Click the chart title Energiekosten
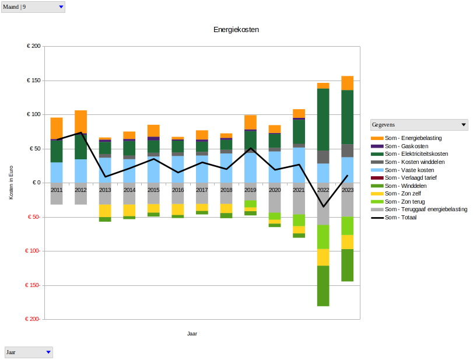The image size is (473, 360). click(236, 29)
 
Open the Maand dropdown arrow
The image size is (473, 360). click(61, 7)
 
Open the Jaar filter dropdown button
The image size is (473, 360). click(48, 352)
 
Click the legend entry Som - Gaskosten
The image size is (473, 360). click(402, 146)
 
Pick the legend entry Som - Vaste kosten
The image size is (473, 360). click(406, 170)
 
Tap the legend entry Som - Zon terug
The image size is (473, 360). click(401, 201)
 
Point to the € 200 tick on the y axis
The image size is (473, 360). click(33, 46)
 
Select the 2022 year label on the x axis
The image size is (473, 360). click(323, 190)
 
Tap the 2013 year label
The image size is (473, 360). click(105, 190)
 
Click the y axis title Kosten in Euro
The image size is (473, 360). click(11, 183)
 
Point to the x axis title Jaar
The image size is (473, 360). click(192, 334)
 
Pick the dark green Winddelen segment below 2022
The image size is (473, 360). click(323, 285)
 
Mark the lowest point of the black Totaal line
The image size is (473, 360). click(323, 207)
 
